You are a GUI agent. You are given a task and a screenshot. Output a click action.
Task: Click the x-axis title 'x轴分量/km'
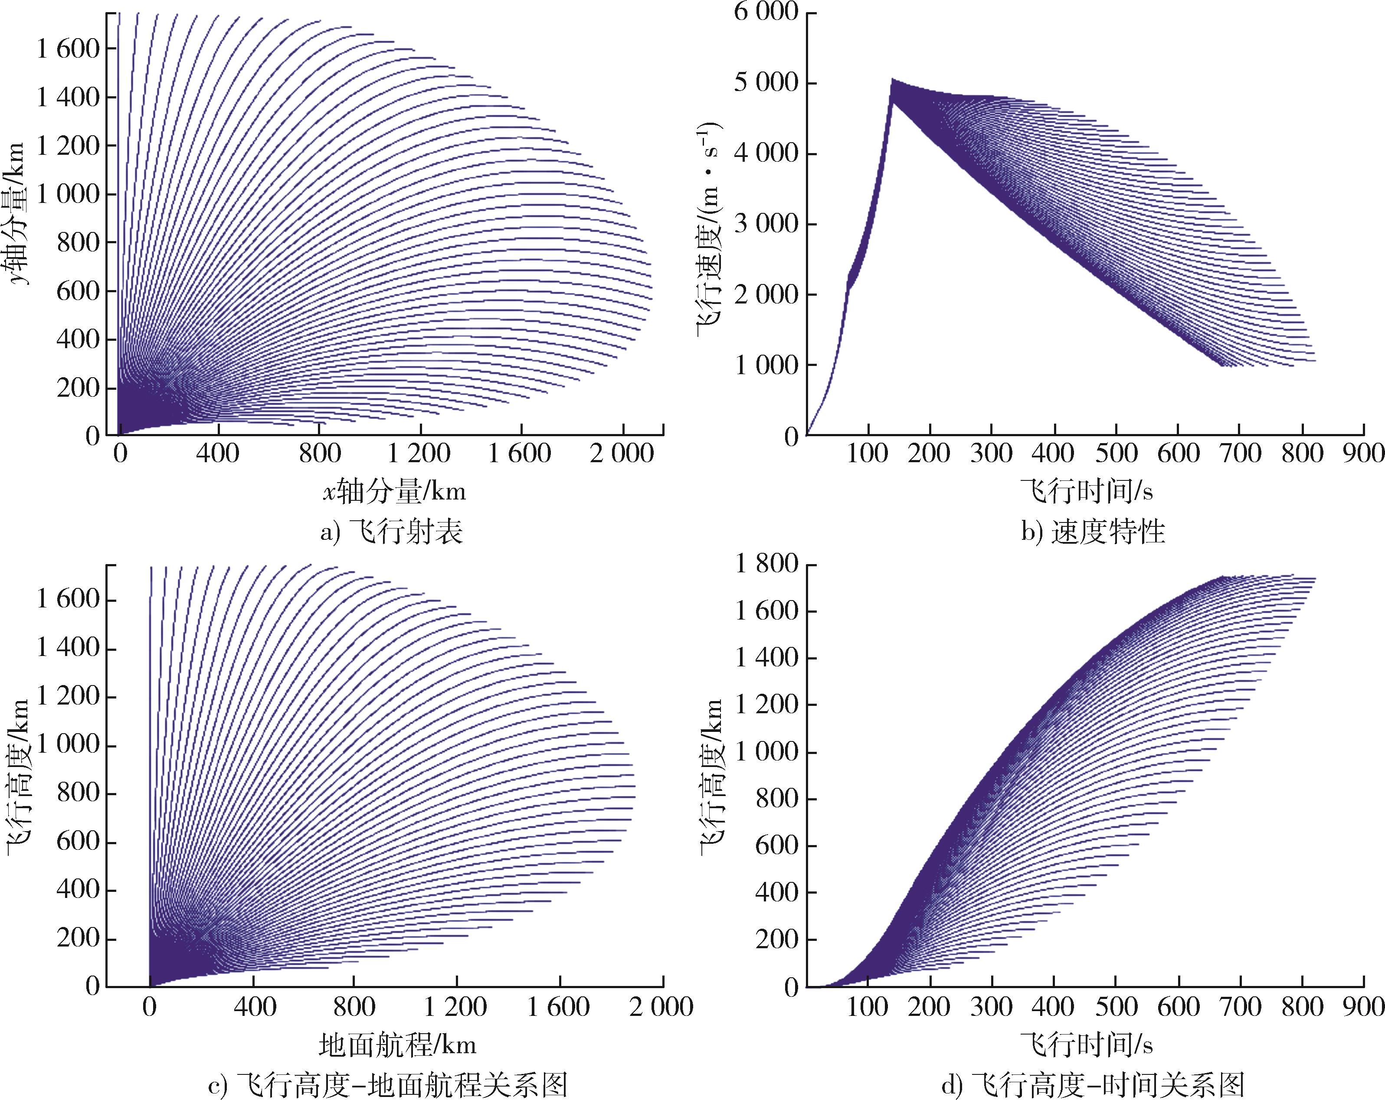pos(394,492)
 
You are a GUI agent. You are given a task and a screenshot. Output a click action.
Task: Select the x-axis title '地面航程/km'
pos(398,1045)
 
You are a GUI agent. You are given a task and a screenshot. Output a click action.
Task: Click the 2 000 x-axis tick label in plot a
pos(622,454)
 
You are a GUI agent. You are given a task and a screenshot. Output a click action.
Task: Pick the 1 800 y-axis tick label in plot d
pos(766,565)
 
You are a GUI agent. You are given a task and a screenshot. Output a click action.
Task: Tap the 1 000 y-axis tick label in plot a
pos(68,194)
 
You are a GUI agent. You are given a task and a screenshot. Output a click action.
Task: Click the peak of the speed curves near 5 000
pos(892,80)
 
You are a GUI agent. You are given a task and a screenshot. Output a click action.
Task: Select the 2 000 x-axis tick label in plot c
pos(661,1006)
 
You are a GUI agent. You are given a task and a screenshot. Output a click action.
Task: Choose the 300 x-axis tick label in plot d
pos(991,1006)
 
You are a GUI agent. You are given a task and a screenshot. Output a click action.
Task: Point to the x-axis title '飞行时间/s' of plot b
pos(1086,492)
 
